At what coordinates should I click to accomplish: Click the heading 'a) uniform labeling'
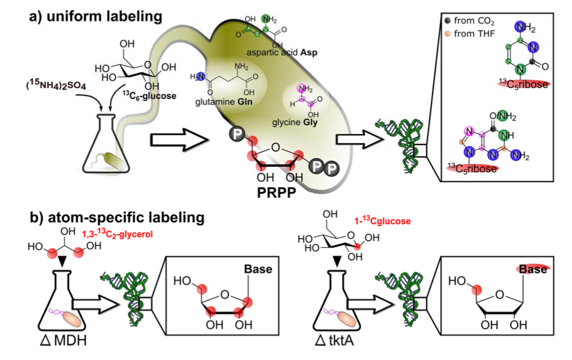(96, 17)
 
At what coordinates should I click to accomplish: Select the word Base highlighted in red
(531, 269)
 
